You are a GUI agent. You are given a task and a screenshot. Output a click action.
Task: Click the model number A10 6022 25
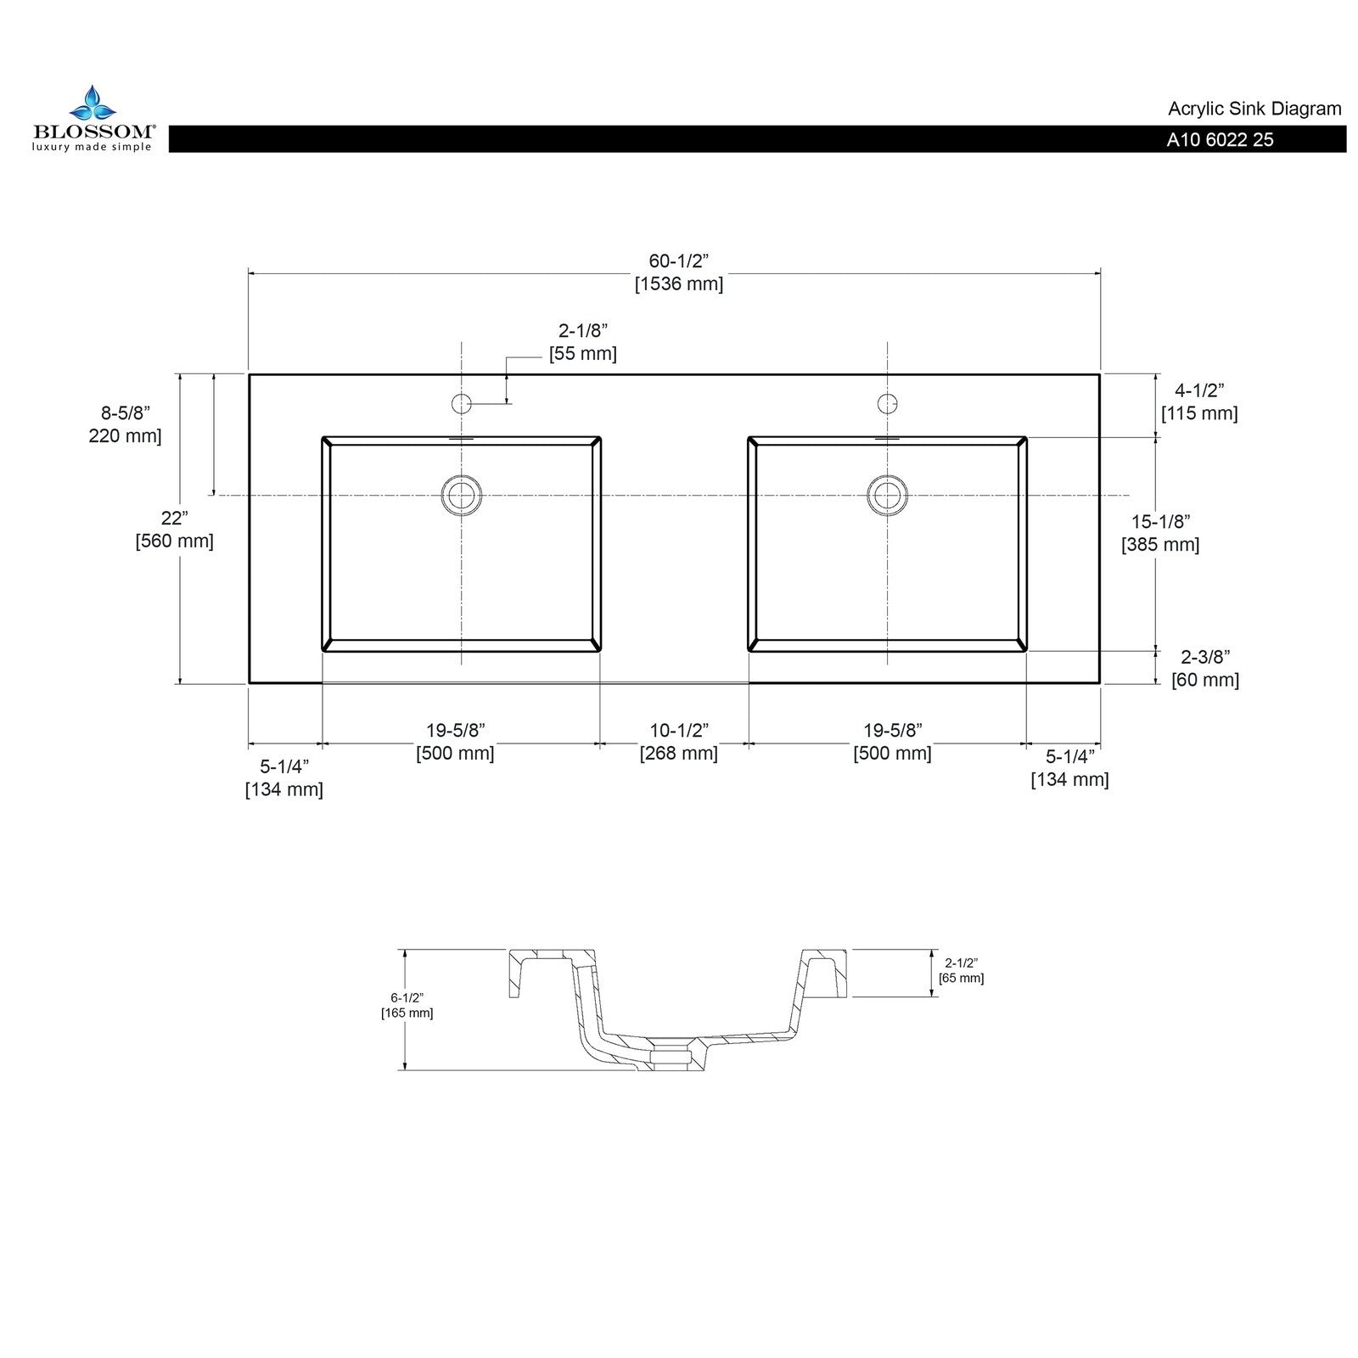(1219, 140)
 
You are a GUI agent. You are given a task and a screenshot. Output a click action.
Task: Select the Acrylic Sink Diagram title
(1254, 109)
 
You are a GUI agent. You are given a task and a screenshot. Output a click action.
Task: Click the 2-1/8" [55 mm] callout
(582, 342)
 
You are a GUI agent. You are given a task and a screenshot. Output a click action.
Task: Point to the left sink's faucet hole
(461, 403)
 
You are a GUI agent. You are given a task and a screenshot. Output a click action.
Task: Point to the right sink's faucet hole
(887, 403)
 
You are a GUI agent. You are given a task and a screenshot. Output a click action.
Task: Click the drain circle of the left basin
(461, 494)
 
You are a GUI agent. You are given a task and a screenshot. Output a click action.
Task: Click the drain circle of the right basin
(887, 494)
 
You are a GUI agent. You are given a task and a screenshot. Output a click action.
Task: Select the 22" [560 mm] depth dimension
(174, 529)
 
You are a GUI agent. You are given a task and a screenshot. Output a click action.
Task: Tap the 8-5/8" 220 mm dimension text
(125, 424)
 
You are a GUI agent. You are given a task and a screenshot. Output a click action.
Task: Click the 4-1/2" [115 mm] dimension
(1198, 401)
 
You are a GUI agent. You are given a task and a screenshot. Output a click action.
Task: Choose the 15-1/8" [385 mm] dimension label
(1159, 533)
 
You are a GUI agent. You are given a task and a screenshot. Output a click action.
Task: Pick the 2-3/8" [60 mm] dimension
(1204, 668)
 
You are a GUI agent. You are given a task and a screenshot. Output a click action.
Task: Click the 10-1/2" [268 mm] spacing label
(678, 742)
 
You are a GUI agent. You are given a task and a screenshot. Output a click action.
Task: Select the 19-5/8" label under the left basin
(455, 742)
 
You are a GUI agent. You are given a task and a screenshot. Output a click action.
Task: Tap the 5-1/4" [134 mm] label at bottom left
(284, 777)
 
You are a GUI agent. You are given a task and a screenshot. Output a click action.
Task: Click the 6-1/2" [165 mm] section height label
(407, 1005)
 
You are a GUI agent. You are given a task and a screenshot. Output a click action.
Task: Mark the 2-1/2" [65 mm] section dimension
(961, 970)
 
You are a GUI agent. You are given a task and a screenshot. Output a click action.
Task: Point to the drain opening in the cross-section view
(672, 1056)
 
